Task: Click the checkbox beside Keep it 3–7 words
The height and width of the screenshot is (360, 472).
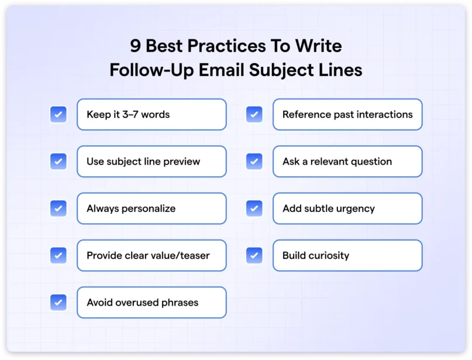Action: click(x=58, y=114)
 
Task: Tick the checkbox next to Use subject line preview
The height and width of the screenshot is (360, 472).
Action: click(x=58, y=161)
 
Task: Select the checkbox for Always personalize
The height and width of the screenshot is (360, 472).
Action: click(x=58, y=208)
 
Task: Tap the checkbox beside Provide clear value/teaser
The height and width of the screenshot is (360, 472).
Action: click(x=58, y=255)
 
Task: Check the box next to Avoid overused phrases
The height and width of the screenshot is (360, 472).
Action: click(x=58, y=302)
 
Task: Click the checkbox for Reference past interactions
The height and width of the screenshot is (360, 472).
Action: click(x=254, y=114)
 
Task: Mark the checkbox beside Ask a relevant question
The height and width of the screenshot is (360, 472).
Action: click(x=254, y=161)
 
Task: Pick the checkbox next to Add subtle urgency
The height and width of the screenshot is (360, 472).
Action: click(x=254, y=208)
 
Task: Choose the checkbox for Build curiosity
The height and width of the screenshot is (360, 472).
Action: click(x=254, y=255)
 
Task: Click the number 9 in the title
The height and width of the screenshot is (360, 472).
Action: click(x=136, y=46)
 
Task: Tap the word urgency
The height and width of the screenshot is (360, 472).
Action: click(x=355, y=208)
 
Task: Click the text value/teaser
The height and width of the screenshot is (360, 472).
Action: click(x=178, y=255)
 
